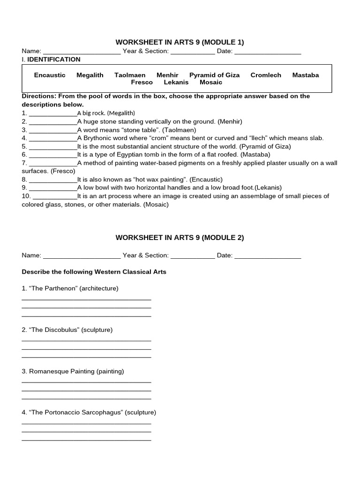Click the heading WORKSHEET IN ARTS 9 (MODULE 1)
180,42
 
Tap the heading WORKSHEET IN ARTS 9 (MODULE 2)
180,238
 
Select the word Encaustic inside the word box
50,75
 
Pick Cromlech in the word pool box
266,75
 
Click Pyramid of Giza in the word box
214,75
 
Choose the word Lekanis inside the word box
176,82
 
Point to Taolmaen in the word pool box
130,75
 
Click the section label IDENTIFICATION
54,60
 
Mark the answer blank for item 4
53,139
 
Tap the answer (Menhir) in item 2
230,121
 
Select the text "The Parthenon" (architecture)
70,288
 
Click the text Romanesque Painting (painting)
73,371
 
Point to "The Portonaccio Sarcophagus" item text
89,412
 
